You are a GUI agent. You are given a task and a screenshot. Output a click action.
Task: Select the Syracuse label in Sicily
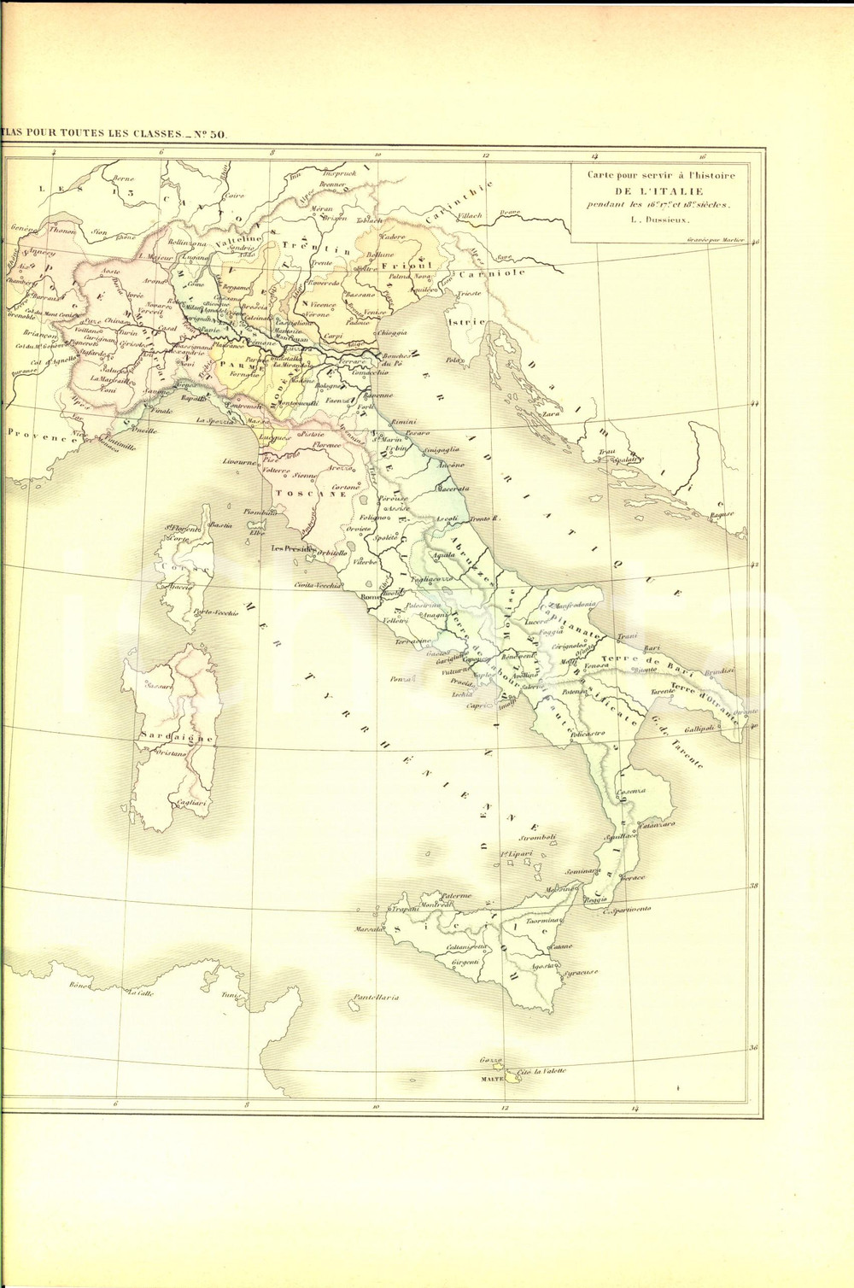pyautogui.click(x=579, y=972)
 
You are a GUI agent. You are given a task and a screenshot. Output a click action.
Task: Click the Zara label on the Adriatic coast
pyautogui.click(x=549, y=413)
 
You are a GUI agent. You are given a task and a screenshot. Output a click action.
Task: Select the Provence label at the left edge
pyautogui.click(x=36, y=436)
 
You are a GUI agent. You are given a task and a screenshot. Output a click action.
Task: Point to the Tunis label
pyautogui.click(x=228, y=996)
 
